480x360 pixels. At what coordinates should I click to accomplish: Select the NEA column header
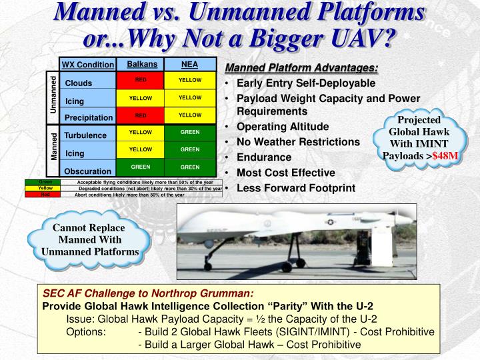(x=190, y=64)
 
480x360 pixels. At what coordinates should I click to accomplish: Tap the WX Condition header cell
(x=87, y=65)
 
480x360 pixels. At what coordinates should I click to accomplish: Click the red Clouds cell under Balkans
(x=141, y=81)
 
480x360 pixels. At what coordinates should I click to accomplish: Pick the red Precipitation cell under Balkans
(x=141, y=115)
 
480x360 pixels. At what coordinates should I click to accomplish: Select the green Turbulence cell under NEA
(x=190, y=133)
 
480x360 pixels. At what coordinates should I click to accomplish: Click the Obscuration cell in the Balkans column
(x=141, y=167)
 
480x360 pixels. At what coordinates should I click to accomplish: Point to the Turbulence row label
(x=85, y=135)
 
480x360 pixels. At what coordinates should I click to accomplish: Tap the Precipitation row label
(x=88, y=118)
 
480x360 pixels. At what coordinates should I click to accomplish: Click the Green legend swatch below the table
(x=45, y=182)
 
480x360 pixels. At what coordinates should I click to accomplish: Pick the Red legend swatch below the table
(x=45, y=195)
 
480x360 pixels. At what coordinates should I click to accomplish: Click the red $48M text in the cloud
(x=445, y=156)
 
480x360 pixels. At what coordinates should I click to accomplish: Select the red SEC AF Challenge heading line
(x=148, y=293)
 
